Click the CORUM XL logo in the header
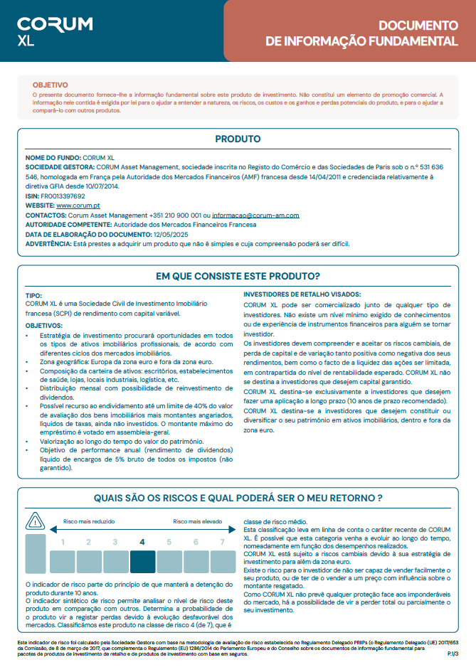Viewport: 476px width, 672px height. click(55, 31)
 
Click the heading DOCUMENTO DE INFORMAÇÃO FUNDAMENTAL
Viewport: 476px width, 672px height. click(361, 33)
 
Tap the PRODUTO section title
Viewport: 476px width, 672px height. click(238, 139)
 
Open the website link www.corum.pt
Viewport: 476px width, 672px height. click(78, 205)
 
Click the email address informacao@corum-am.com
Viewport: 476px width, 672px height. click(255, 215)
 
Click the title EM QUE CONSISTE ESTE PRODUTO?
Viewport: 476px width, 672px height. click(238, 276)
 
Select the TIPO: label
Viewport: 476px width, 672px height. click(33, 294)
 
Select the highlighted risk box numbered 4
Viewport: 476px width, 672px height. click(142, 554)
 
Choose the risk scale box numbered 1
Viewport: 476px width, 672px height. click(62, 554)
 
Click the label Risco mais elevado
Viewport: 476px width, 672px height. click(196, 521)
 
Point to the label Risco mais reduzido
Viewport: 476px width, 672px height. click(87, 521)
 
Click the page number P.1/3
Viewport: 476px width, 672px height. click(452, 653)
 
